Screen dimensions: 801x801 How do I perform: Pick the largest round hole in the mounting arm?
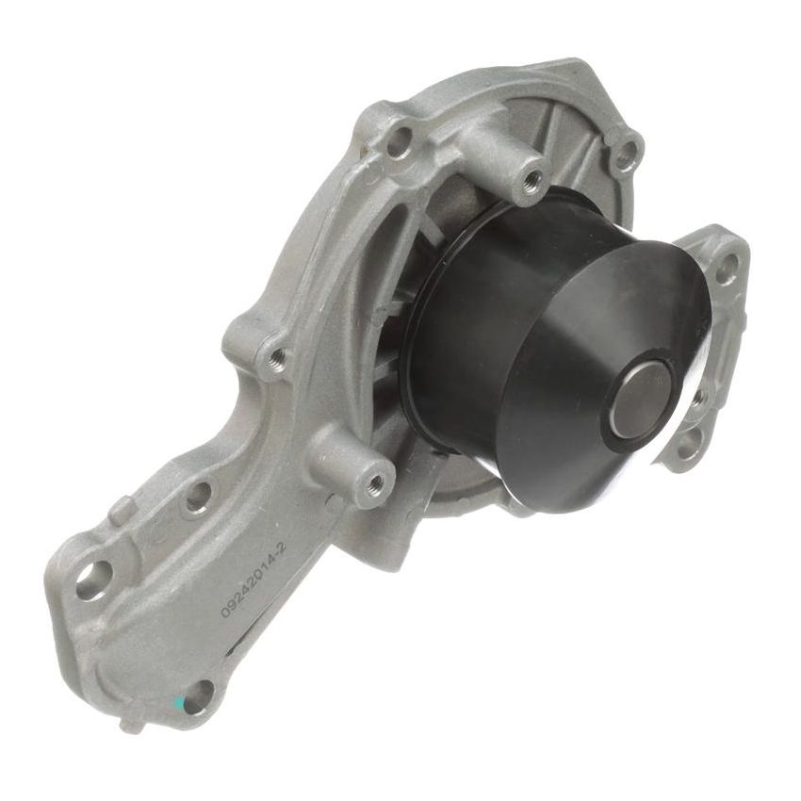[93, 580]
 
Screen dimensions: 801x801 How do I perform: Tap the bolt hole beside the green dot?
[200, 696]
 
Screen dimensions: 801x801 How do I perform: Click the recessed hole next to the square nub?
[198, 497]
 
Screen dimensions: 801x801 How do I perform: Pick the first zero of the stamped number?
[226, 612]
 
